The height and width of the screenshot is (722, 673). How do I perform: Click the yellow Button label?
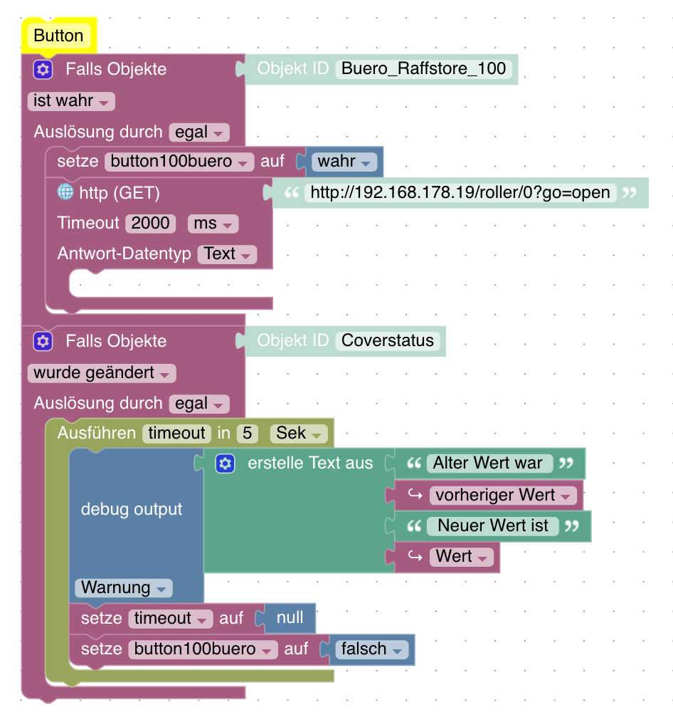pyautogui.click(x=58, y=36)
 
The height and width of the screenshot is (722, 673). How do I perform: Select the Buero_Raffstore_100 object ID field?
pyautogui.click(x=424, y=68)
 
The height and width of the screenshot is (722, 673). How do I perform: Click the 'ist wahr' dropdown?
pyautogui.click(x=71, y=101)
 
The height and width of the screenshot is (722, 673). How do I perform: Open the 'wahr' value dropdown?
pyautogui.click(x=344, y=162)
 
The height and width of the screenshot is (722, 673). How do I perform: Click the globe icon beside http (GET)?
pyautogui.click(x=65, y=192)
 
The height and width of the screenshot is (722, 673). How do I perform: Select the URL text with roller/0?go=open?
pyautogui.click(x=460, y=192)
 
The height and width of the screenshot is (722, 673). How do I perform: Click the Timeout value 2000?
pyautogui.click(x=150, y=224)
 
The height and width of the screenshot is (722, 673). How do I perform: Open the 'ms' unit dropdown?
pyautogui.click(x=213, y=224)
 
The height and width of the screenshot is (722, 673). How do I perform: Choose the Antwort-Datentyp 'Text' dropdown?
pyautogui.click(x=227, y=254)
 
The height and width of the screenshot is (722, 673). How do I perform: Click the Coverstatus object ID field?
pyautogui.click(x=387, y=341)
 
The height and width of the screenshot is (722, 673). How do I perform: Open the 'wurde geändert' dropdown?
pyautogui.click(x=102, y=373)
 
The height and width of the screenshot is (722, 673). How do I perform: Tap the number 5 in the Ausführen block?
pyautogui.click(x=248, y=434)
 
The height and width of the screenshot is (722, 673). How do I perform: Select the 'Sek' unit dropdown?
pyautogui.click(x=299, y=434)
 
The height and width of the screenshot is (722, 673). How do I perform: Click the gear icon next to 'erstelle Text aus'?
pyautogui.click(x=226, y=464)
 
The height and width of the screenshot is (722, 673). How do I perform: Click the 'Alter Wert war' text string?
pyautogui.click(x=487, y=464)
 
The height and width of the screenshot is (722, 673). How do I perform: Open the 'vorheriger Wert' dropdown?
pyautogui.click(x=503, y=496)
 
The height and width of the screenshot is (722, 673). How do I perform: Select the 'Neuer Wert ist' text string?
pyautogui.click(x=493, y=526)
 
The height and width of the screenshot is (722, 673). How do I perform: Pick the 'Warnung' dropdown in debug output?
pyautogui.click(x=123, y=588)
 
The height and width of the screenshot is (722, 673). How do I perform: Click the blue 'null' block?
pyautogui.click(x=290, y=618)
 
